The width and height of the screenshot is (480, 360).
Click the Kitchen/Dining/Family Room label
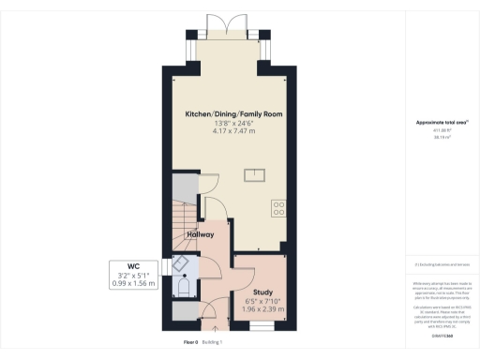[233, 114]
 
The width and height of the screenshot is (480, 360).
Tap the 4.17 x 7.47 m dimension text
[233, 132]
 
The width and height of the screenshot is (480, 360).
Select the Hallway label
[202, 234]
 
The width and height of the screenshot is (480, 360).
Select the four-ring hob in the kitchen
[278, 207]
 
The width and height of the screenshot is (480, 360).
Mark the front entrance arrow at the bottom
[215, 329]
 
